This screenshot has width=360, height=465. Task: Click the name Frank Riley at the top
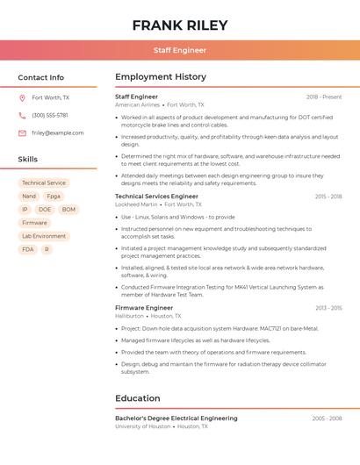point(180,25)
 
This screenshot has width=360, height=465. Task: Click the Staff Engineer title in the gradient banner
point(180,50)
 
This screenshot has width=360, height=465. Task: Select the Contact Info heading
point(40,77)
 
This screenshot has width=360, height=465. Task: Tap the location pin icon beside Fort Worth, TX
point(22,98)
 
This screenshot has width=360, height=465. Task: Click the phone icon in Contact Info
point(22,116)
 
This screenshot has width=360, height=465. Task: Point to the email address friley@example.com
point(58,133)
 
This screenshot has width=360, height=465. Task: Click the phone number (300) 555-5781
point(50,116)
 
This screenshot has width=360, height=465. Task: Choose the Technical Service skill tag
point(44,183)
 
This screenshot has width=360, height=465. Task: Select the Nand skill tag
point(29,197)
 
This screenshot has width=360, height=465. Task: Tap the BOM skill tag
point(68,210)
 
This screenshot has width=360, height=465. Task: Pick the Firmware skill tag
point(34,223)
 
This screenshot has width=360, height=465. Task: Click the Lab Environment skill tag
point(44,236)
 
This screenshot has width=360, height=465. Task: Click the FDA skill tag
point(28,249)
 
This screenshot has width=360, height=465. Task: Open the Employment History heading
point(161,77)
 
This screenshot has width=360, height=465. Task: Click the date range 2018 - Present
point(324,97)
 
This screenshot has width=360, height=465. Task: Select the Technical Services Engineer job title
point(157,197)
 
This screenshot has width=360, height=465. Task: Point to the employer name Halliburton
point(129,316)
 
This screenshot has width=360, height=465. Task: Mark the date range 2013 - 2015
point(328,308)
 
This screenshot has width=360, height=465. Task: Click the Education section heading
point(138,398)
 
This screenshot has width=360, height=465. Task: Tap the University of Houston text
point(142,426)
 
